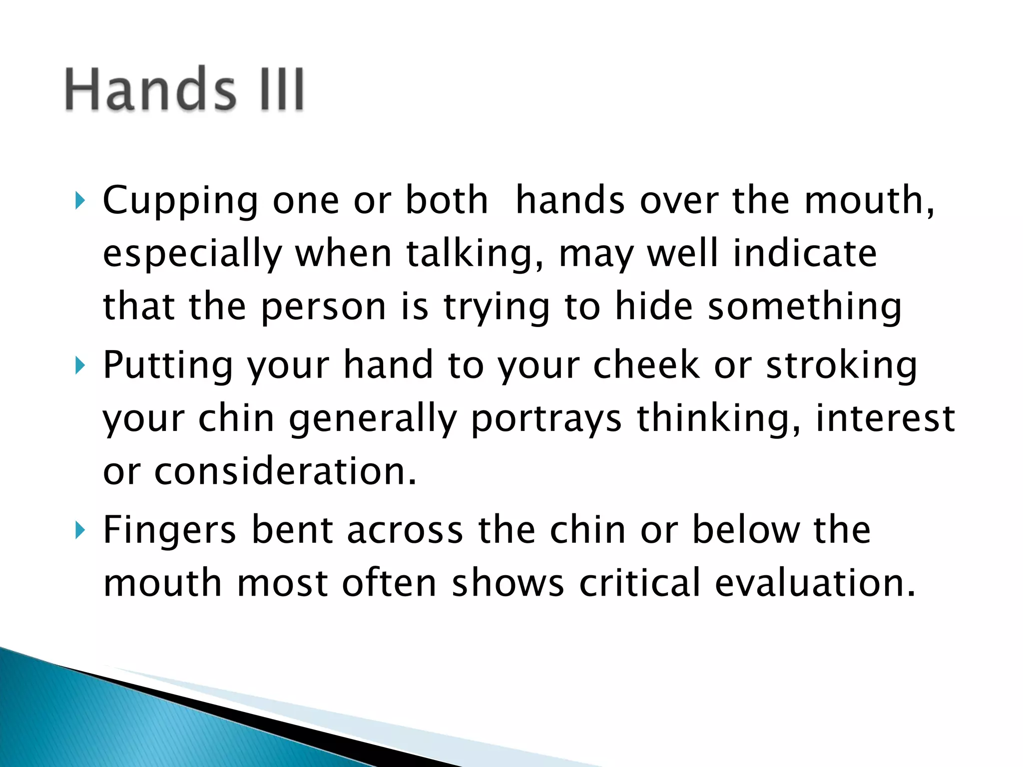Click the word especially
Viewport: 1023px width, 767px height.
(192, 254)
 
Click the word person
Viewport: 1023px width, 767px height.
(323, 307)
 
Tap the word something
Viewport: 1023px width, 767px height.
(805, 307)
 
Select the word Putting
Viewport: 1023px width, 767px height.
(168, 366)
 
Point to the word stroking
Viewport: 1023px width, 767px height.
(842, 366)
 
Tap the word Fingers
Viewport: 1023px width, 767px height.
(169, 530)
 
